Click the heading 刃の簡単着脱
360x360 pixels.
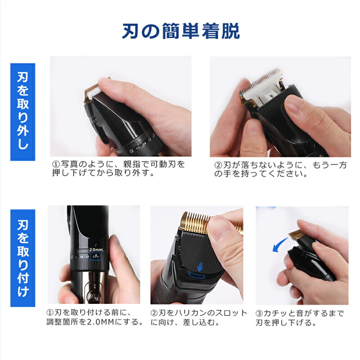point(181,31)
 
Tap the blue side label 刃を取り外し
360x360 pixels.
point(23,112)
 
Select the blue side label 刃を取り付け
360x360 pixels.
point(23,258)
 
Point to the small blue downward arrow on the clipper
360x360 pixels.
point(200,266)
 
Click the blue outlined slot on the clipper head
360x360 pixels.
point(196,275)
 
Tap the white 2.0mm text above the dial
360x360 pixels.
point(96,249)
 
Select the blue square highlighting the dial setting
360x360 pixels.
point(96,256)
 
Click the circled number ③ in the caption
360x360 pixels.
point(259,313)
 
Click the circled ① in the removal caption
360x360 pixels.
point(56,164)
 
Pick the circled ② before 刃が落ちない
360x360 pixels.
point(218,165)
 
